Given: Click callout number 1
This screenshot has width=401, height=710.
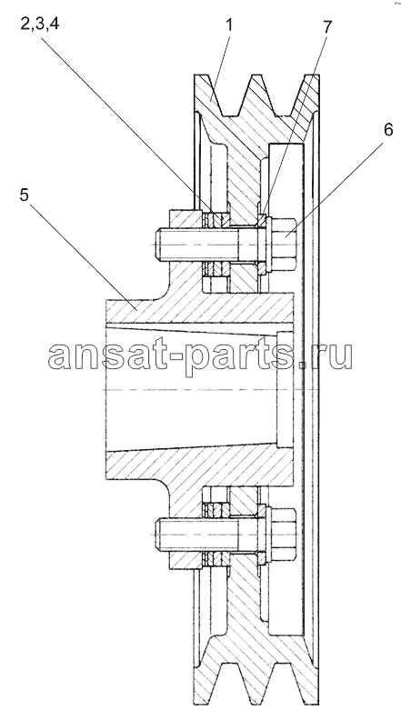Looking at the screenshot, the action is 229,25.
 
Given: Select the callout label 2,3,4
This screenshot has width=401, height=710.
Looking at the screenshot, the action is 40,25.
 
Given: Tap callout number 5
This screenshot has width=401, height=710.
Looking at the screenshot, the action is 25,195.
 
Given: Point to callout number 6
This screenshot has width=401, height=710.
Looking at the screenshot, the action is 388,129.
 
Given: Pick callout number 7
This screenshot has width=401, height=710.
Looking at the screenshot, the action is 326,26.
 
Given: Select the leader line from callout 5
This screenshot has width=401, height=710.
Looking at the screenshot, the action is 83,255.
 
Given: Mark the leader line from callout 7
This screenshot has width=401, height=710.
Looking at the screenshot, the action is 295,127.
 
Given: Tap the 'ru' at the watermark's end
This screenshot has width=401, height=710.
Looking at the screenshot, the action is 334,357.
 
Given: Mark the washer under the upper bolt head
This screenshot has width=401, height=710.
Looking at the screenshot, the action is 262,245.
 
